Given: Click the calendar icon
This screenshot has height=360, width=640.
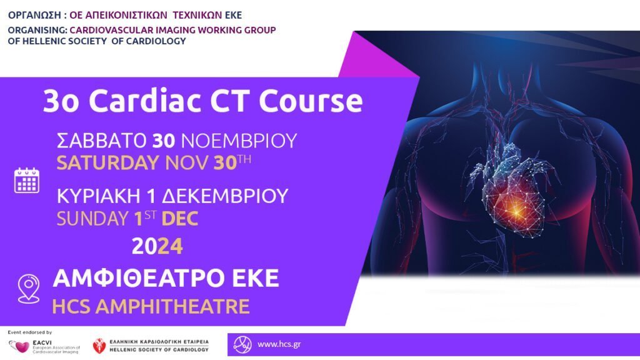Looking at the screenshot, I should click(x=27, y=180).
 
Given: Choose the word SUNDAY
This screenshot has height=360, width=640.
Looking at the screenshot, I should click(x=92, y=219).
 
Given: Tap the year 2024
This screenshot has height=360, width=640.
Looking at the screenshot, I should click(x=157, y=247).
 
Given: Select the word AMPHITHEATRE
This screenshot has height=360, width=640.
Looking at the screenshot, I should click(x=175, y=306).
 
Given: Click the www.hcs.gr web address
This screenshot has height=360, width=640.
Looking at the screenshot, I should click(x=277, y=344).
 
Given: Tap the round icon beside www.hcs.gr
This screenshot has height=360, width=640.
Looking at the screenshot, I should click(x=242, y=344).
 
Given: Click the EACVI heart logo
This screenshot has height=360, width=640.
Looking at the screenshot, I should click(x=19, y=346).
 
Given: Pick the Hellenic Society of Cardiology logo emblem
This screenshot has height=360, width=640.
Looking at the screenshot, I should click(x=99, y=346).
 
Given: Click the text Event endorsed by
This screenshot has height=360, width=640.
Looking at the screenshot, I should click(x=29, y=332).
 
